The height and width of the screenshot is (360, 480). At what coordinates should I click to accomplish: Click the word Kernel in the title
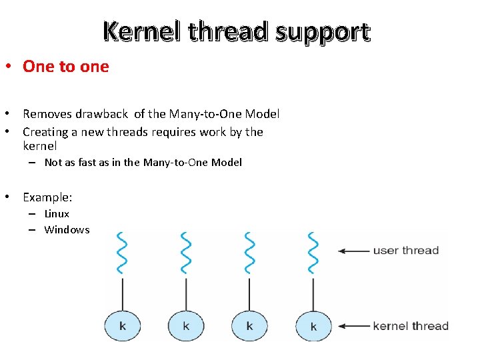click(x=141, y=31)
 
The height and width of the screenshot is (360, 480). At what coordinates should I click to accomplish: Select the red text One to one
click(x=65, y=66)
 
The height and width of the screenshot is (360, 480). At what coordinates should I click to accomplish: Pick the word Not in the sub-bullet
click(x=53, y=162)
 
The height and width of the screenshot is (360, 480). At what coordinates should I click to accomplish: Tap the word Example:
click(x=47, y=197)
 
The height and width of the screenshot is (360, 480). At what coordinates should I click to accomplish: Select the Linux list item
click(x=57, y=213)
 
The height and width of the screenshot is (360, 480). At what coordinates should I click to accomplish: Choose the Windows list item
click(x=67, y=229)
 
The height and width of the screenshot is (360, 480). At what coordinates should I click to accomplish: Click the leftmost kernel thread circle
click(x=123, y=325)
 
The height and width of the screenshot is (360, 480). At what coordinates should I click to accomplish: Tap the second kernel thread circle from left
click(x=186, y=325)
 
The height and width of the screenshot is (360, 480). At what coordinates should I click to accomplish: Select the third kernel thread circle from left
click(x=249, y=325)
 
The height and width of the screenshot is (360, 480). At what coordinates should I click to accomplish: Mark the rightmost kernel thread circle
click(x=313, y=325)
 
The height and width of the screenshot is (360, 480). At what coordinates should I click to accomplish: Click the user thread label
click(x=405, y=251)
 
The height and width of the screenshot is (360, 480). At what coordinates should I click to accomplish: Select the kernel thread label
click(x=410, y=326)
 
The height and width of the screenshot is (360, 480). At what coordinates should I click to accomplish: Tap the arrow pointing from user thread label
click(x=353, y=251)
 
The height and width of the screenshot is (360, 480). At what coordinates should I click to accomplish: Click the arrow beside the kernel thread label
click(x=353, y=326)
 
